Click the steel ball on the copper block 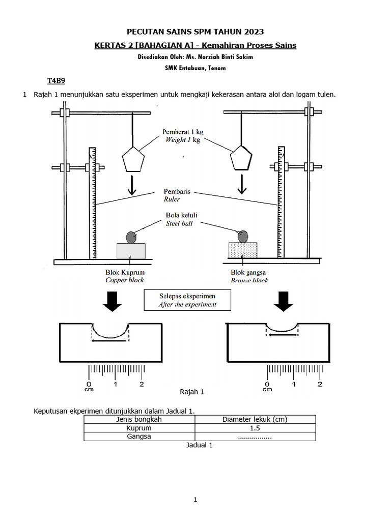131,237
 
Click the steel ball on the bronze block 243,236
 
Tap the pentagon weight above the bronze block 241,159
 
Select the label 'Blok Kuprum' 125,272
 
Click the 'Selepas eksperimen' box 187,300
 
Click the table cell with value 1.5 255,428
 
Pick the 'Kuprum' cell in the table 139,428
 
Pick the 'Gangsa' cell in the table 139,437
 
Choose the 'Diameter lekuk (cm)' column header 255,419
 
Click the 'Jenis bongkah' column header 139,419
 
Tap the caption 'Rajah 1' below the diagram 192,392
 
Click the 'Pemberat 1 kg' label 183,132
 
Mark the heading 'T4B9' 56,81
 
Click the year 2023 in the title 254,32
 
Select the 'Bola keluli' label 181,215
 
